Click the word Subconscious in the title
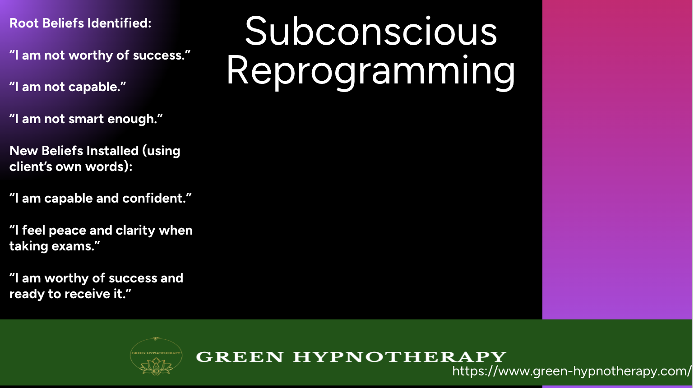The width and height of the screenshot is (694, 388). coord(371,32)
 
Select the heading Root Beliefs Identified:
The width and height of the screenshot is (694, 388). coord(80,23)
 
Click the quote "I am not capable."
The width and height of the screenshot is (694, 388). coord(68,87)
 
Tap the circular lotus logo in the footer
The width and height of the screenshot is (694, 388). coord(156,356)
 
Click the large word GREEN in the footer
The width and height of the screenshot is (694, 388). coord(240,357)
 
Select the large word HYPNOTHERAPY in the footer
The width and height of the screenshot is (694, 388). coord(400,357)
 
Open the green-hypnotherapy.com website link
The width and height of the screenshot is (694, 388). coord(572,371)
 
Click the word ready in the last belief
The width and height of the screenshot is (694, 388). coord(27,294)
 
